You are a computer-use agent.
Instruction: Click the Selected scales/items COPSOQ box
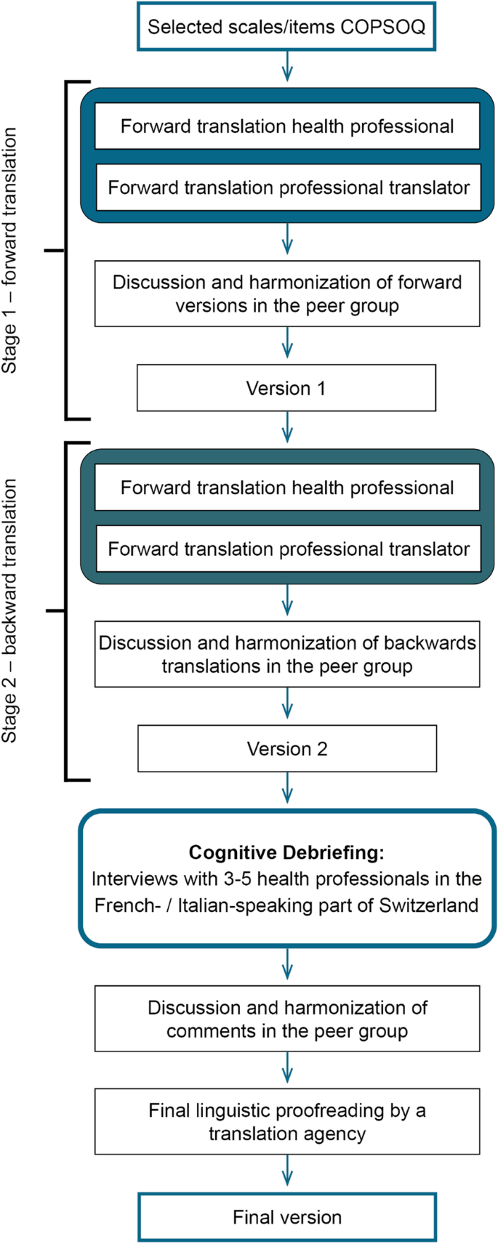click(x=286, y=28)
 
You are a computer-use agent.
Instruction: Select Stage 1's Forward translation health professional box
click(x=286, y=126)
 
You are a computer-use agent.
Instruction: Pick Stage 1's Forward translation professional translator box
click(x=288, y=187)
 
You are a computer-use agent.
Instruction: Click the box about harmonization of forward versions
click(x=286, y=294)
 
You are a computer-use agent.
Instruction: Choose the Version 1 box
click(x=286, y=388)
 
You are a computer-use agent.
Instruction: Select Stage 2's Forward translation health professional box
click(x=286, y=488)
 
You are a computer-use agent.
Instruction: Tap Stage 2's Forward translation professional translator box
click(x=288, y=549)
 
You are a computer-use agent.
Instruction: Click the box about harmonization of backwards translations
click(x=286, y=654)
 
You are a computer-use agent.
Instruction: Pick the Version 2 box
click(x=286, y=748)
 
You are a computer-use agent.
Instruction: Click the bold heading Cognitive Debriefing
click(x=286, y=852)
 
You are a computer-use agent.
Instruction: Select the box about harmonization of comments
click(x=286, y=1019)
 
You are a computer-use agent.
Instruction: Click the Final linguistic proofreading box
click(x=286, y=1122)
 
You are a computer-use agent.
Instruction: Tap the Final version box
click(x=286, y=1217)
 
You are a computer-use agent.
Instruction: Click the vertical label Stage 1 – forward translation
click(x=9, y=251)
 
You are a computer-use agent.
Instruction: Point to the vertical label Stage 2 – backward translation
click(x=9, y=611)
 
